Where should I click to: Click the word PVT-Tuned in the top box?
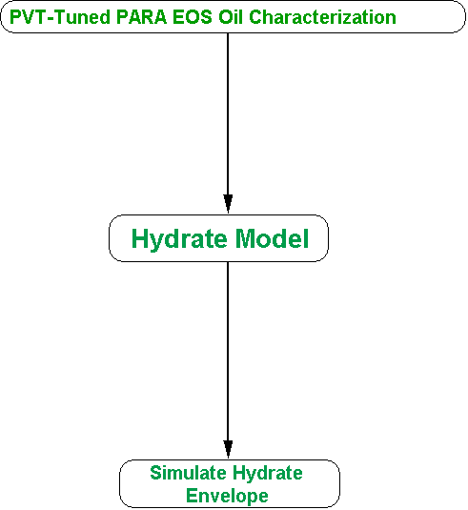click(x=60, y=17)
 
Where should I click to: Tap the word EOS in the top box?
click(x=193, y=17)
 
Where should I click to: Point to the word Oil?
click(x=231, y=17)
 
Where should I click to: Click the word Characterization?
click(x=322, y=17)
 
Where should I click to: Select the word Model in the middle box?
click(x=272, y=238)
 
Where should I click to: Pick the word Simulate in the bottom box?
click(x=188, y=473)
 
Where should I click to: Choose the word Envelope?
click(x=227, y=497)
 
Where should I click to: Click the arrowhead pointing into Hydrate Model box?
click(x=228, y=204)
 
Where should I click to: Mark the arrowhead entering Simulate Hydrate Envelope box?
click(x=228, y=450)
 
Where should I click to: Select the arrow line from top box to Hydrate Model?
click(x=228, y=123)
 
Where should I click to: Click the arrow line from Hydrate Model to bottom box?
click(x=228, y=360)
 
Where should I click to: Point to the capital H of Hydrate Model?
click(x=139, y=238)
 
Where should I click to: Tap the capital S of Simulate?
click(x=156, y=473)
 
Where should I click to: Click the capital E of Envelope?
click(x=192, y=496)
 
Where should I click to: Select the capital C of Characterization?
click(x=256, y=17)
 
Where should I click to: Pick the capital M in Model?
click(x=246, y=238)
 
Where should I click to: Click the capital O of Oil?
click(x=225, y=17)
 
